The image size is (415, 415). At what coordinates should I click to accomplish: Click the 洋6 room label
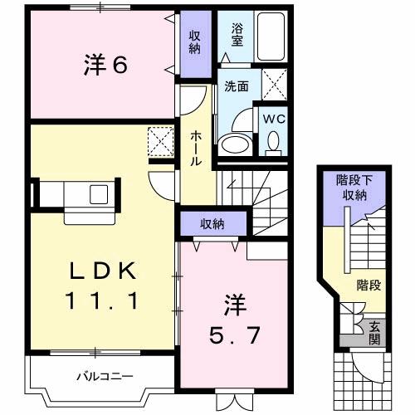(x=105, y=66)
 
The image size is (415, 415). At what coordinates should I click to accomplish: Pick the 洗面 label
(x=236, y=85)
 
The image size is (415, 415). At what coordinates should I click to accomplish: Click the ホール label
(x=196, y=148)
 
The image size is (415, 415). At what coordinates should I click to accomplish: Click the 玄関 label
(x=374, y=332)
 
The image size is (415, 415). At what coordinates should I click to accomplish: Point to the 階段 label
(x=369, y=286)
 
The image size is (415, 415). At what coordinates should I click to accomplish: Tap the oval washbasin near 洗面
(x=236, y=144)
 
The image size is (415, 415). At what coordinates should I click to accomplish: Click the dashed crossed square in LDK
(x=160, y=140)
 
